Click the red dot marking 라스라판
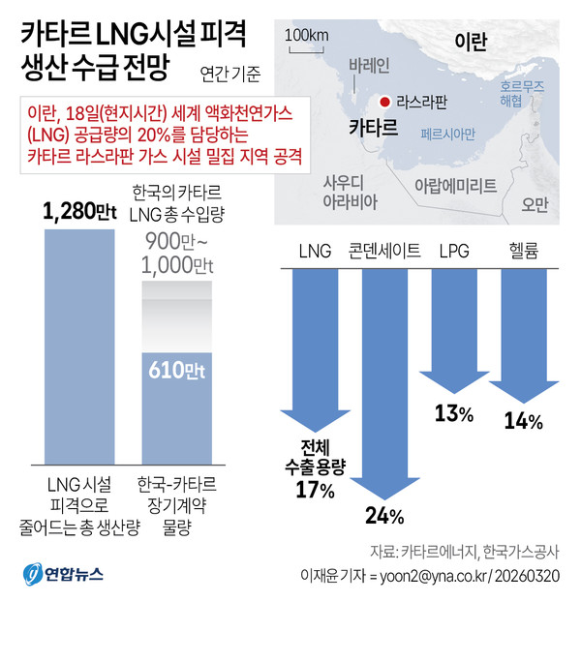[384, 102]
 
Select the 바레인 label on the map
[368, 66]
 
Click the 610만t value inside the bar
[176, 368]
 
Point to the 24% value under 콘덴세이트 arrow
[382, 513]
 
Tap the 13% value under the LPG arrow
[453, 414]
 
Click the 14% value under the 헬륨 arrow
[524, 421]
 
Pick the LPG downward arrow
[452, 329]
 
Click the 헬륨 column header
[524, 251]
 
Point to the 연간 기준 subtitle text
[229, 72]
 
